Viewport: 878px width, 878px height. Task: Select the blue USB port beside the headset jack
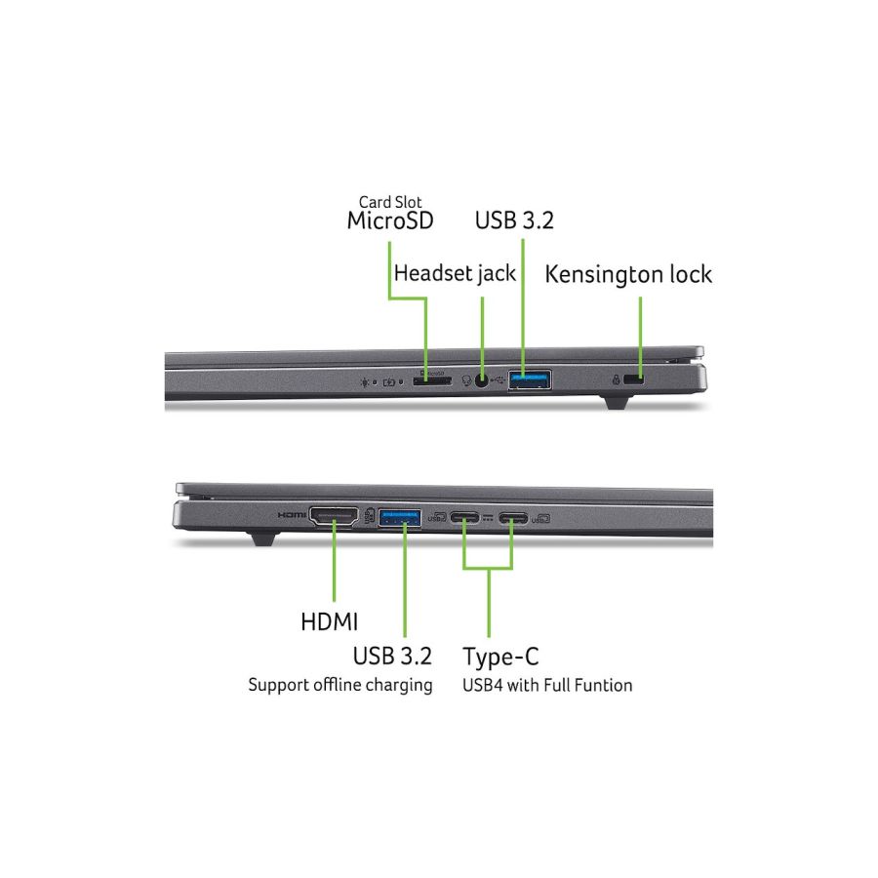click(x=529, y=379)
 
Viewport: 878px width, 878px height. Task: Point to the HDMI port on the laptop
click(x=333, y=517)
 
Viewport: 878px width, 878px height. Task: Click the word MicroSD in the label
click(x=390, y=220)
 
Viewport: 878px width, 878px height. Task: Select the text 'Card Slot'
click(x=390, y=201)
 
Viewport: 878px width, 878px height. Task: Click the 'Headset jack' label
click(x=455, y=273)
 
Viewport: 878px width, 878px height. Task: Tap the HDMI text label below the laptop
click(x=329, y=621)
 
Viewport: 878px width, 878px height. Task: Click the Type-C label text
click(x=500, y=655)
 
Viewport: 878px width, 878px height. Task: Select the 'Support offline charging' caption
click(x=339, y=685)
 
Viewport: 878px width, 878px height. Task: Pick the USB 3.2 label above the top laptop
click(x=514, y=220)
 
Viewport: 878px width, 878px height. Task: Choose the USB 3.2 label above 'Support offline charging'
click(x=392, y=655)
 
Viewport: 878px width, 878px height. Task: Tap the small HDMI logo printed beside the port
click(x=292, y=514)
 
